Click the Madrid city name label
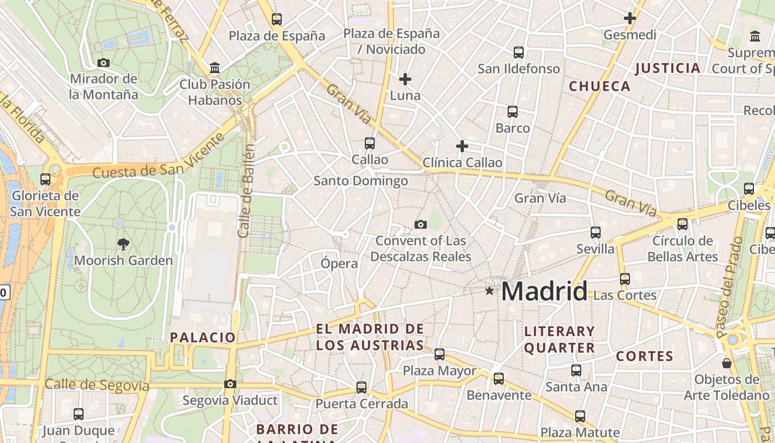[544, 291]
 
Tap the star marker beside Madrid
[489, 290]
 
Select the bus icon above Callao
[370, 143]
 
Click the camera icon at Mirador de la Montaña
[103, 63]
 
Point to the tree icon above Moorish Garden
[123, 243]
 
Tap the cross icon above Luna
[405, 79]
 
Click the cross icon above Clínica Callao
[462, 146]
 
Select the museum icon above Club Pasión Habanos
[215, 68]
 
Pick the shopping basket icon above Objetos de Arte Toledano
[727, 363]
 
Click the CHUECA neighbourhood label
[600, 86]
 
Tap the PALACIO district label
[203, 337]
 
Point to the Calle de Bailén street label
[247, 191]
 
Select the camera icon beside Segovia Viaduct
[230, 384]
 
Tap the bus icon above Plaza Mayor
[440, 354]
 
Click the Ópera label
[339, 264]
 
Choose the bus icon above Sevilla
[596, 232]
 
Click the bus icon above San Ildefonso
[519, 53]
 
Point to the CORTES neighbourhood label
[645, 356]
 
